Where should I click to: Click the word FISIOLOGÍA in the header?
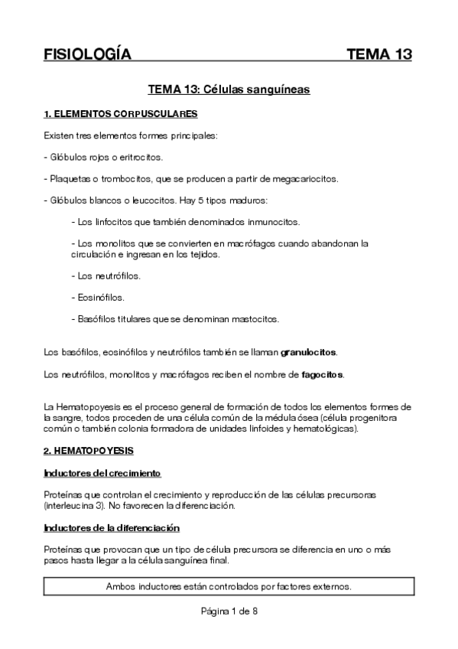point(88,54)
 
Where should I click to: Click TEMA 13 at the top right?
point(379,54)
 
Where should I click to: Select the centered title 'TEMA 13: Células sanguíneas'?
point(229,90)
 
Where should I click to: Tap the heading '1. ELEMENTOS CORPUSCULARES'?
point(121,115)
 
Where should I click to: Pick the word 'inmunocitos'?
point(275,222)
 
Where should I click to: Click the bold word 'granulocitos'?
point(309,353)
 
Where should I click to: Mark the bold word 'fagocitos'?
point(322,374)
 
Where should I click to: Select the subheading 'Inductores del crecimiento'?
point(102,473)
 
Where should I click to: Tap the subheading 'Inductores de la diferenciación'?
point(112,527)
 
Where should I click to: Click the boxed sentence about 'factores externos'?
point(229,587)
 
